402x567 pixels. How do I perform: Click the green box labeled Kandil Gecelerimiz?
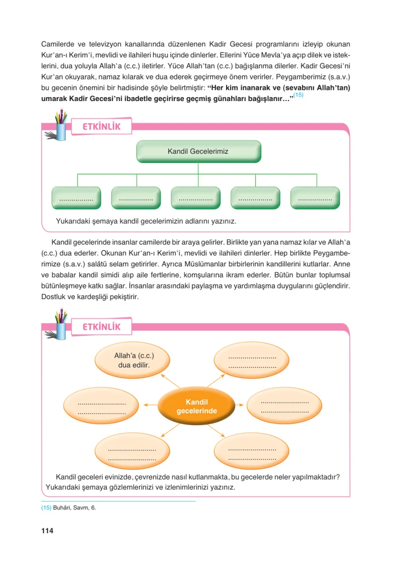(198, 151)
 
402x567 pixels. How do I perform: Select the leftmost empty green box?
(76, 198)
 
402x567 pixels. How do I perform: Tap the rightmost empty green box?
(315, 198)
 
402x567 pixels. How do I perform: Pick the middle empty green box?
(195, 198)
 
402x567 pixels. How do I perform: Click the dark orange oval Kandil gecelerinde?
(196, 406)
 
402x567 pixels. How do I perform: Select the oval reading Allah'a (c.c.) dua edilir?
(132, 360)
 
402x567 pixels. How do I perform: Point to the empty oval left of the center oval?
(101, 405)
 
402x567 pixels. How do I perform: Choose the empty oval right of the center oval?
(284, 405)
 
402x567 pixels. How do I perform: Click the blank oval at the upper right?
(252, 360)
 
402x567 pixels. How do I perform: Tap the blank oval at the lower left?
(132, 451)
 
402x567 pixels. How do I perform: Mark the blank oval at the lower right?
(252, 451)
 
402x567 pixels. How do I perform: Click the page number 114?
(47, 530)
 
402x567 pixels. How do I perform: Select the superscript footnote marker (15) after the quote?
(298, 94)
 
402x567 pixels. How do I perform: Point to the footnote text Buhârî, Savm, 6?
(74, 508)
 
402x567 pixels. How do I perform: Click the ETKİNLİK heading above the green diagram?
(102, 127)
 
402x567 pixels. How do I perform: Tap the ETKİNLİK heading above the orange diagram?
(102, 327)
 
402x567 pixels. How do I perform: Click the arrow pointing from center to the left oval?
(150, 405)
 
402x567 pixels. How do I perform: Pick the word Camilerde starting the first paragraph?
(57, 44)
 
